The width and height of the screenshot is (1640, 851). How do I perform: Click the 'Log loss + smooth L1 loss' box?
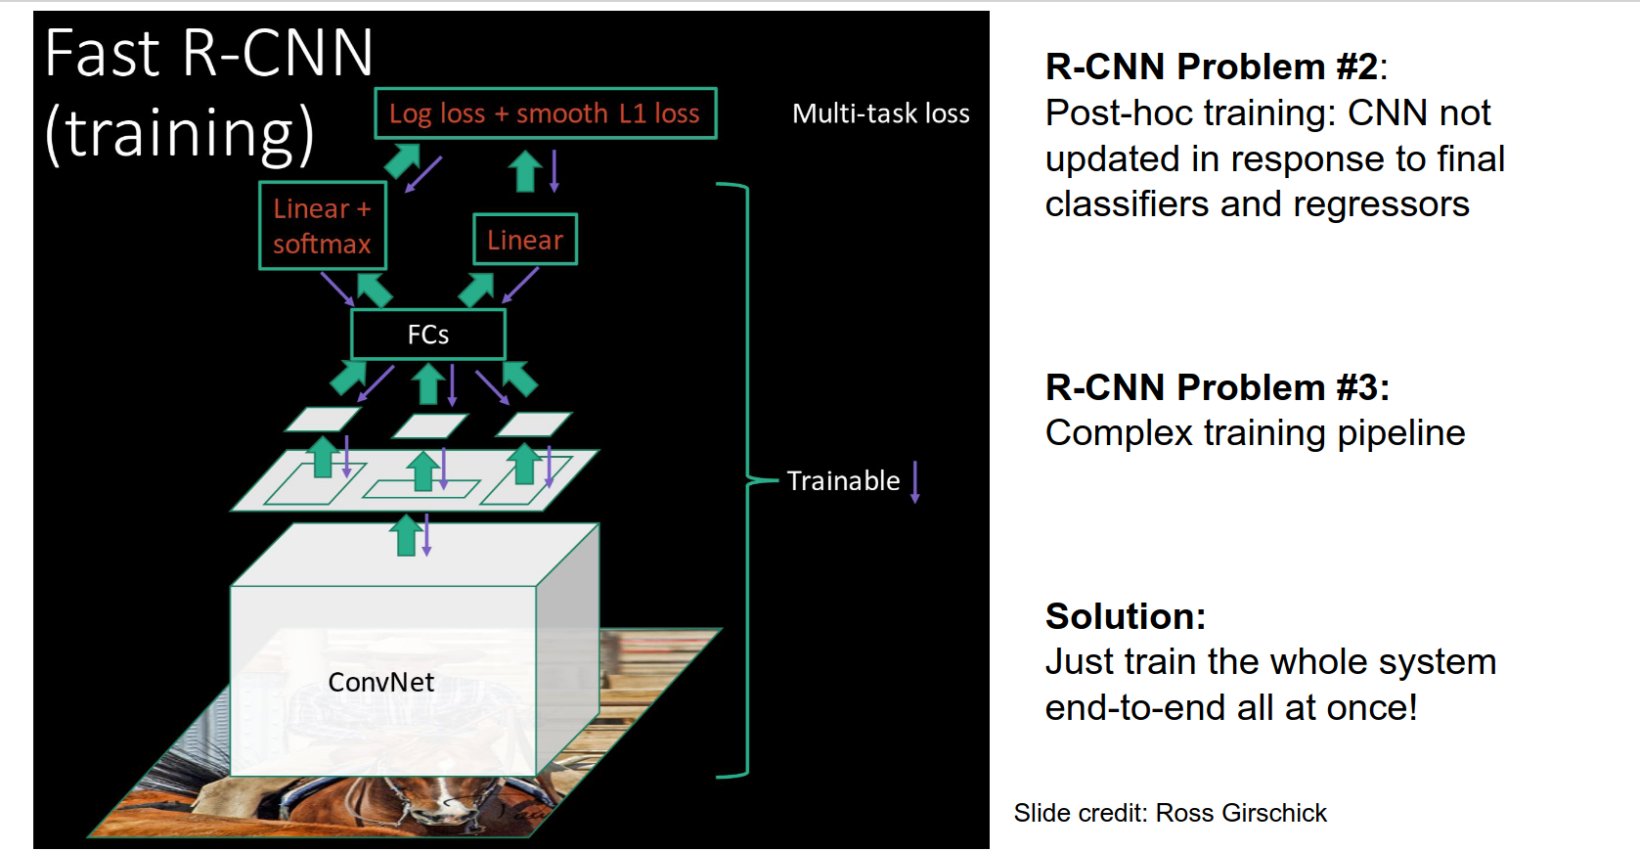[x=545, y=113]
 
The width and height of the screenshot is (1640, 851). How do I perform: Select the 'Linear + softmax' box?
[x=322, y=226]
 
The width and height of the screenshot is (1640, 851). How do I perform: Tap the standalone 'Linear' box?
[x=525, y=240]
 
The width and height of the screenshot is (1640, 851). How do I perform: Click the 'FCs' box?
[x=428, y=335]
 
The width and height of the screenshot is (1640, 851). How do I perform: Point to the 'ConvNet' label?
[x=380, y=682]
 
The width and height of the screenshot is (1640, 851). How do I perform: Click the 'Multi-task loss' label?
[x=880, y=113]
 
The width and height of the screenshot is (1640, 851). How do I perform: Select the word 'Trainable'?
[x=843, y=481]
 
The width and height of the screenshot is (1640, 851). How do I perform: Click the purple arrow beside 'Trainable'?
[x=915, y=481]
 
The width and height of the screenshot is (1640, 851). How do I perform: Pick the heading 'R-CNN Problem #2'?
[x=1213, y=67]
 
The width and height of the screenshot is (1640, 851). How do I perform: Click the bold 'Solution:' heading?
[x=1125, y=616]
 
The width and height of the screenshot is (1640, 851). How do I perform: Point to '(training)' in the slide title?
[x=180, y=133]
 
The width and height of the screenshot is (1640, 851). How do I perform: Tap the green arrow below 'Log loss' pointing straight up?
[x=525, y=171]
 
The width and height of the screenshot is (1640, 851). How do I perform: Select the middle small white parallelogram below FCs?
[x=430, y=425]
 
